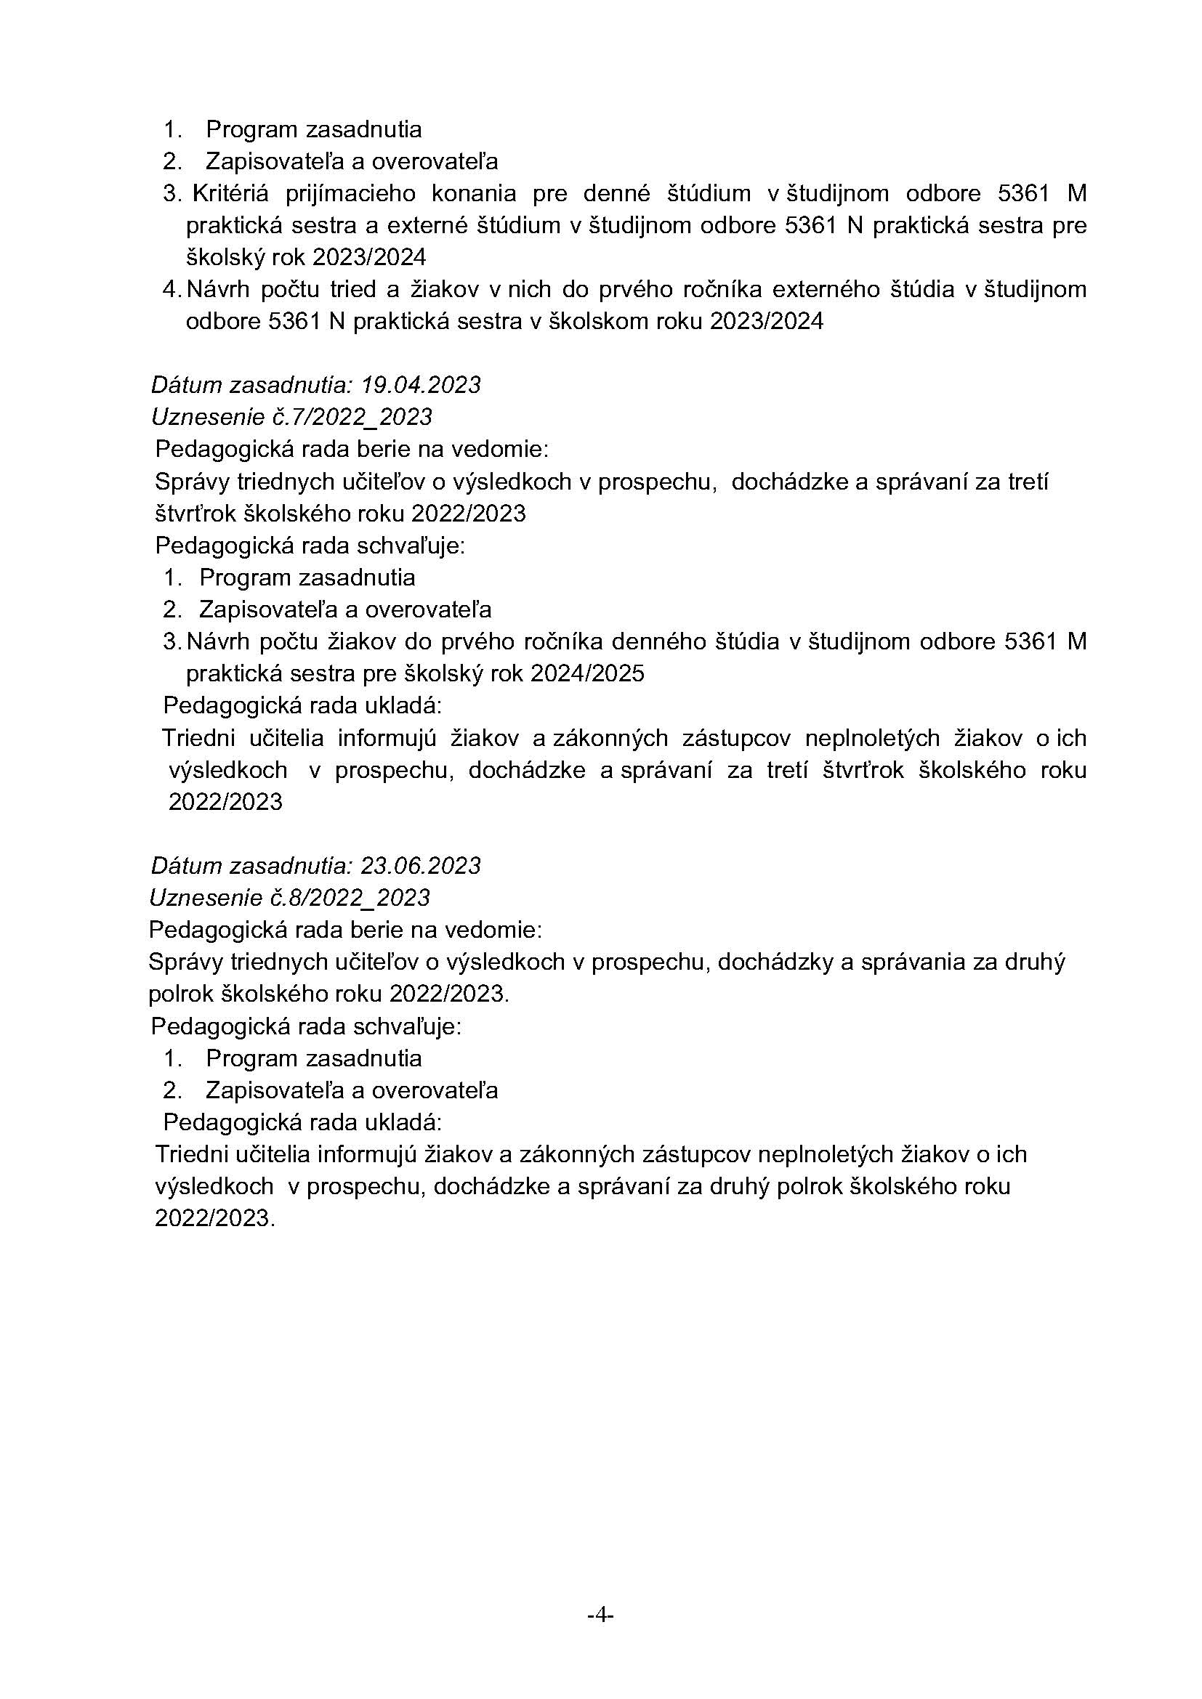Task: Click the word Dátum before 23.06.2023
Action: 187,865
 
